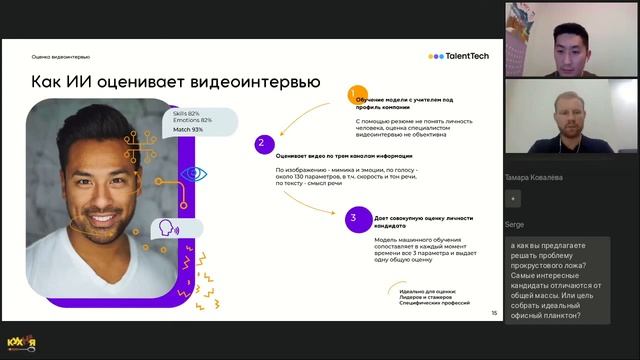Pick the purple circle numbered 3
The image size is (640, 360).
pyautogui.click(x=352, y=216)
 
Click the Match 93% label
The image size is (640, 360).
pyautogui.click(x=188, y=130)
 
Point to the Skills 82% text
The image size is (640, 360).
pyautogui.click(x=186, y=114)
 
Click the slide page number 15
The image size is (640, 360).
pyautogui.click(x=493, y=313)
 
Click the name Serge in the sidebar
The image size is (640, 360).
pyautogui.click(x=515, y=225)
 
